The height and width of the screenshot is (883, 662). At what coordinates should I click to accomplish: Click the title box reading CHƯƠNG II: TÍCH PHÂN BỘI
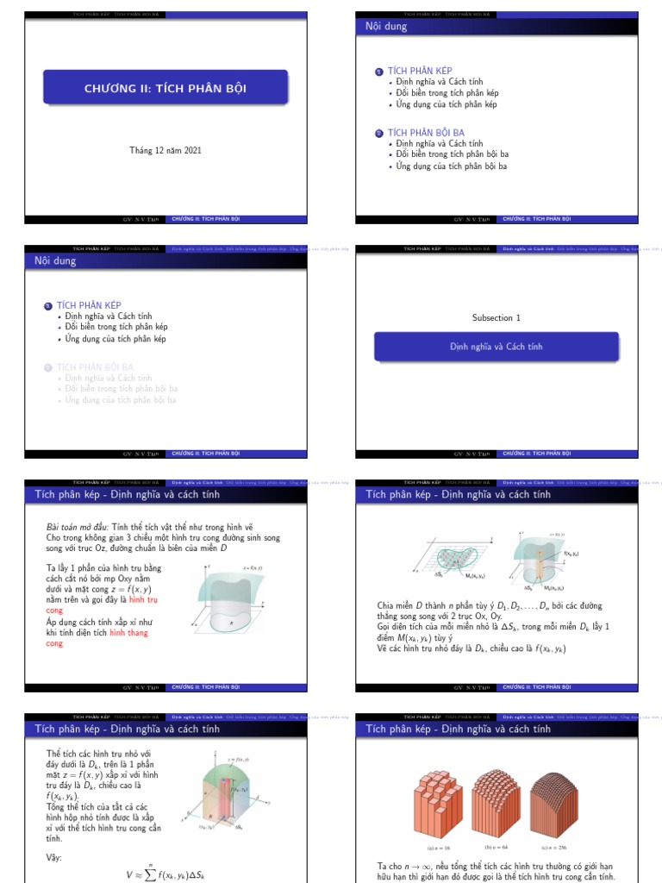[165, 88]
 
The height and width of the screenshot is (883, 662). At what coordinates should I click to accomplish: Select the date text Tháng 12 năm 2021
[165, 150]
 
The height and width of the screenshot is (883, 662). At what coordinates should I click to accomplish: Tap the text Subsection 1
[496, 318]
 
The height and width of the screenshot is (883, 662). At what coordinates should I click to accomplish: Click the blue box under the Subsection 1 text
[496, 347]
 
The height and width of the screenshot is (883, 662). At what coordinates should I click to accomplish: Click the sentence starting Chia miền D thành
[490, 606]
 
